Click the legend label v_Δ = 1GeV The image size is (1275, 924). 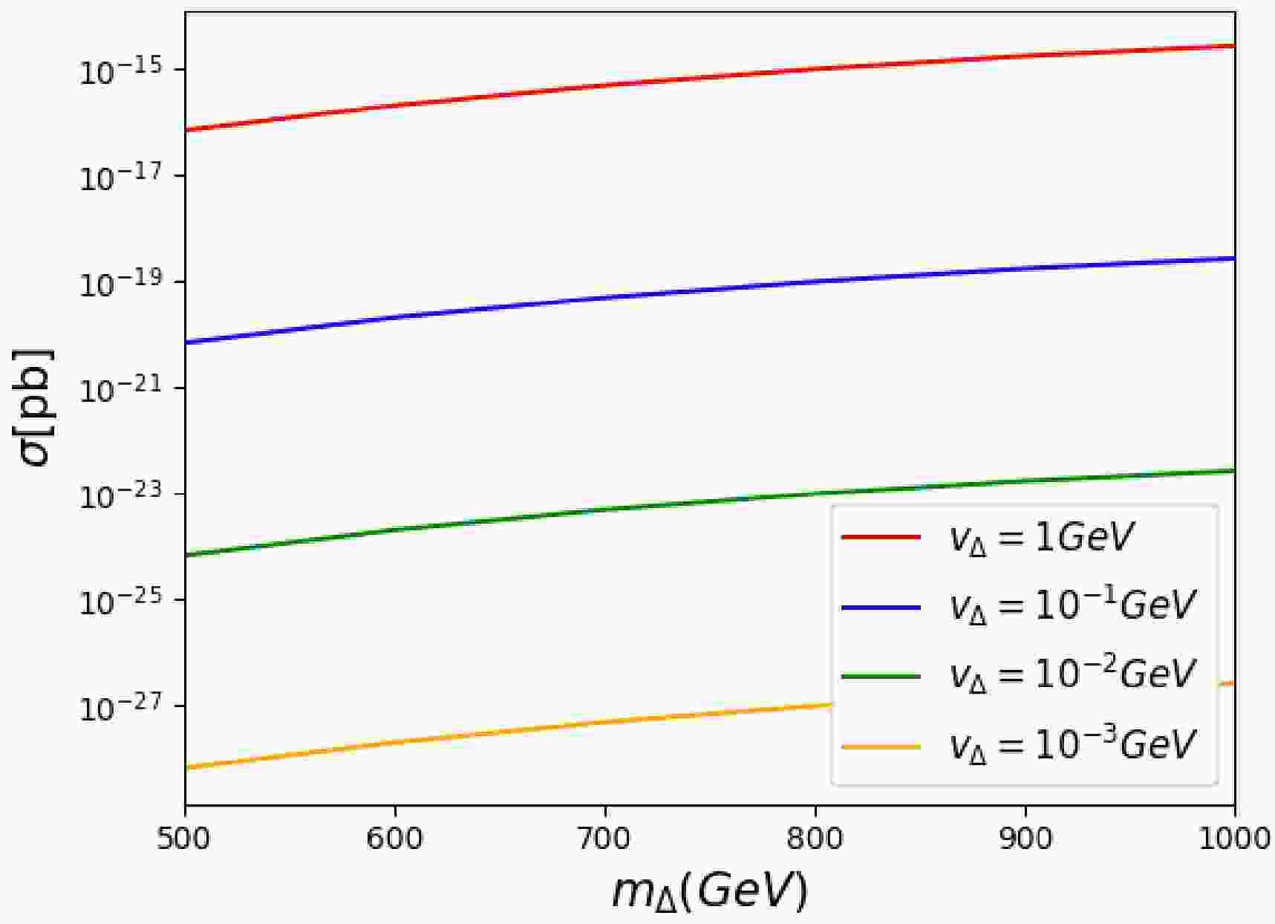click(x=1043, y=539)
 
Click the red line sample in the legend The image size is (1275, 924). click(x=881, y=536)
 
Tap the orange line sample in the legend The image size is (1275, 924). click(x=881, y=746)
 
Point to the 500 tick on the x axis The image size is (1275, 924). click(x=186, y=838)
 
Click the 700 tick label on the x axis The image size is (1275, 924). click(x=605, y=838)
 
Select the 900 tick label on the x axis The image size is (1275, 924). click(x=1025, y=838)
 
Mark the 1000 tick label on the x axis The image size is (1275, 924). click(x=1234, y=838)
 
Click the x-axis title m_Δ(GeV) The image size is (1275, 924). click(x=709, y=891)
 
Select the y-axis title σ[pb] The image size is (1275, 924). click(x=36, y=406)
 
